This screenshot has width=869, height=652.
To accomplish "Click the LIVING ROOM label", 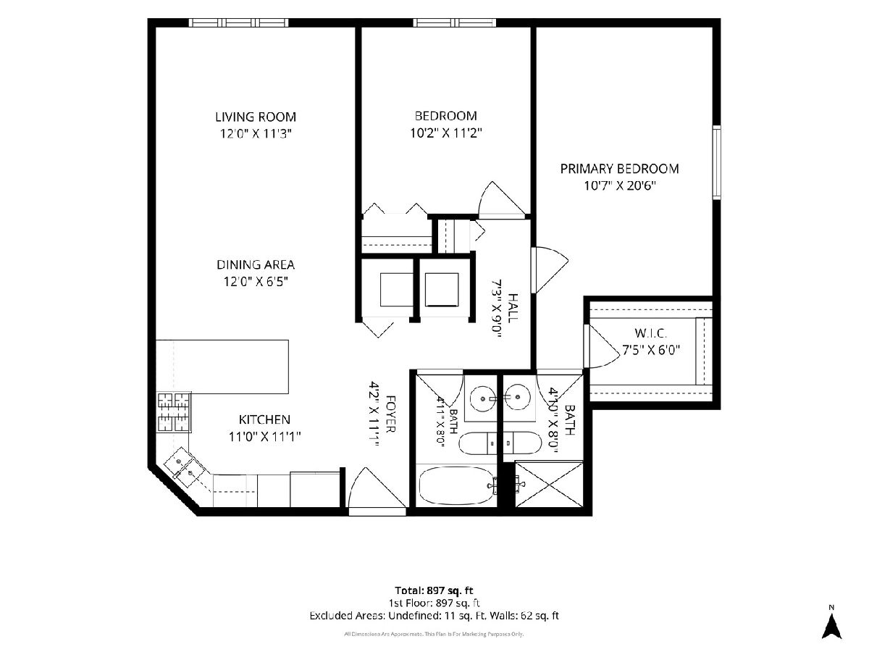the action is pyautogui.click(x=256, y=117).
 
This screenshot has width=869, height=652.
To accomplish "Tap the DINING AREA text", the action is pyautogui.click(x=256, y=264).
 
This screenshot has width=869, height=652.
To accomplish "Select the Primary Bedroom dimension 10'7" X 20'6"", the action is pyautogui.click(x=620, y=185).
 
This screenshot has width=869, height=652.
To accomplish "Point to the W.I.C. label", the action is pyautogui.click(x=651, y=333).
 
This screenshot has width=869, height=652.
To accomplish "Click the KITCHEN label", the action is pyautogui.click(x=264, y=419).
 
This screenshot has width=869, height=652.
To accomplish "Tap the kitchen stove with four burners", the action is pyautogui.click(x=175, y=412).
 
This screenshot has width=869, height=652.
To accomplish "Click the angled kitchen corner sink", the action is pyautogui.click(x=185, y=467).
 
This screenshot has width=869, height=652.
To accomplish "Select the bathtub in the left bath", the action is pyautogui.click(x=456, y=485).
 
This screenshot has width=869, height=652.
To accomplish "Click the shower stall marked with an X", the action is pyautogui.click(x=549, y=484).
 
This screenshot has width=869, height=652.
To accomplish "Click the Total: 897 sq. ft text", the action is pyautogui.click(x=434, y=590).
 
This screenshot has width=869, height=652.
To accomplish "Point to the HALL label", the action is pyautogui.click(x=513, y=308).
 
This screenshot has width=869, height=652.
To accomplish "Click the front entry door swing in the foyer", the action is pyautogui.click(x=376, y=490).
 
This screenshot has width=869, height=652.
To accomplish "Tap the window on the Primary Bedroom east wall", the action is pyautogui.click(x=717, y=162).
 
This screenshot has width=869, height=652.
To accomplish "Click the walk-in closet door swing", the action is pyautogui.click(x=602, y=347).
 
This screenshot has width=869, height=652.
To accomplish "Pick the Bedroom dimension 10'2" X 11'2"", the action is pyautogui.click(x=446, y=133).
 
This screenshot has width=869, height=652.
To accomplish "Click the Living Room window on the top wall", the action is pyautogui.click(x=238, y=22).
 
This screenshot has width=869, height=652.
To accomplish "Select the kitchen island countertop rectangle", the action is pyautogui.click(x=222, y=367).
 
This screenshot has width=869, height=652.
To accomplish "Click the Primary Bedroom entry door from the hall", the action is pyautogui.click(x=550, y=270).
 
